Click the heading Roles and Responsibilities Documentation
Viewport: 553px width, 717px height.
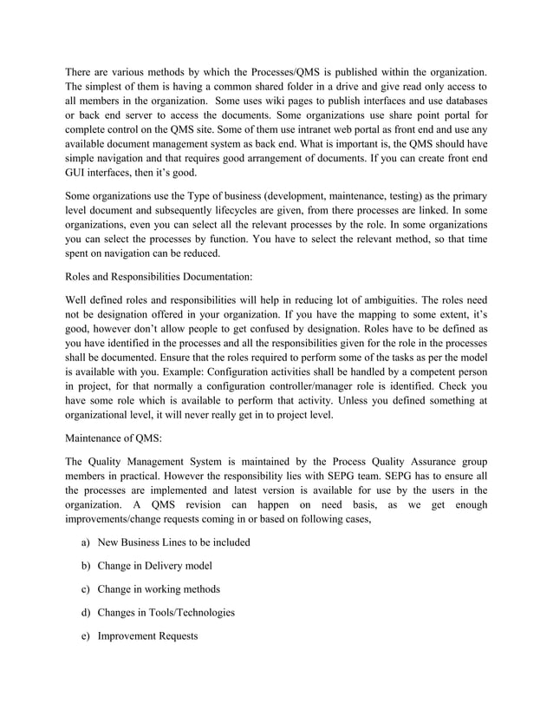point(159,278)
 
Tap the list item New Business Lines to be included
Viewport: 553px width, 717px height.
point(173,543)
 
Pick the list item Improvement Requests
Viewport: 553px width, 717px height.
point(147,636)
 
